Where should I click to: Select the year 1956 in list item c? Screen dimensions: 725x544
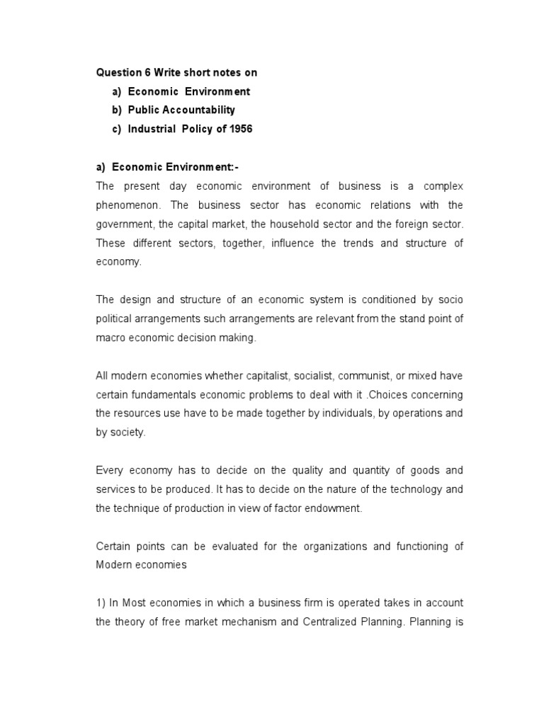point(240,129)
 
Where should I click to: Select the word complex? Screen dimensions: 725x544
point(443,187)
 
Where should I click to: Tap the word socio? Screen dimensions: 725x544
point(451,300)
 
